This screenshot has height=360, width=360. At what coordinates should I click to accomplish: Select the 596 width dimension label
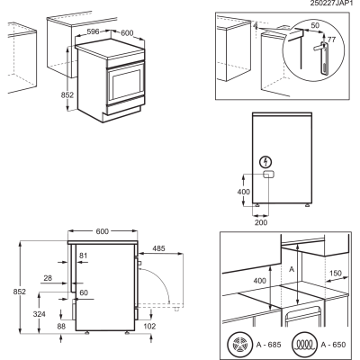[93, 31]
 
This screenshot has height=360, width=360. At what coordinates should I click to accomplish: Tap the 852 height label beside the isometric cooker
[67, 95]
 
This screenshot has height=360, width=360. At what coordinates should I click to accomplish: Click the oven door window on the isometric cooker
[127, 85]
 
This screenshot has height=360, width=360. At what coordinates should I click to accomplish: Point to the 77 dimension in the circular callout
[331, 40]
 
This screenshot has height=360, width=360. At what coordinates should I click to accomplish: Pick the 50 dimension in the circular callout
[315, 26]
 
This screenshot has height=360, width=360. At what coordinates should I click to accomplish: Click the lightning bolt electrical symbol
[266, 163]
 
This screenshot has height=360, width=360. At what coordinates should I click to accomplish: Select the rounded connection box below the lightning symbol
[269, 175]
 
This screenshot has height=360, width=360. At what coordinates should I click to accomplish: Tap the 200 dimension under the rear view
[261, 222]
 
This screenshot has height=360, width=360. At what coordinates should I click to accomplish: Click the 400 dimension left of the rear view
[243, 192]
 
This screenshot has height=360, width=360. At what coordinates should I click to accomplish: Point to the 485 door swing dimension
[158, 248]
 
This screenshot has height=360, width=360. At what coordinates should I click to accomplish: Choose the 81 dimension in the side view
[83, 256]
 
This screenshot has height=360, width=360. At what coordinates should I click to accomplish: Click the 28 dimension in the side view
[48, 278]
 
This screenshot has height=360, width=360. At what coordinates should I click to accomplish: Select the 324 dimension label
[40, 314]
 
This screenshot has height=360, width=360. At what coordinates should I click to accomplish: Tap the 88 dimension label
[61, 326]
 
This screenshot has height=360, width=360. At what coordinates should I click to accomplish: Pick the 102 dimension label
[149, 326]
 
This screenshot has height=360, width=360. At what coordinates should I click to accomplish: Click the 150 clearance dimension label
[336, 274]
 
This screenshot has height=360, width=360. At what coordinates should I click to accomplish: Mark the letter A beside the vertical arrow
[292, 269]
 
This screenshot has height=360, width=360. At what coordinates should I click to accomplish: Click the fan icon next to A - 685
[238, 344]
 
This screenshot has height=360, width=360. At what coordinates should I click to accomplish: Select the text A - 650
[333, 345]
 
